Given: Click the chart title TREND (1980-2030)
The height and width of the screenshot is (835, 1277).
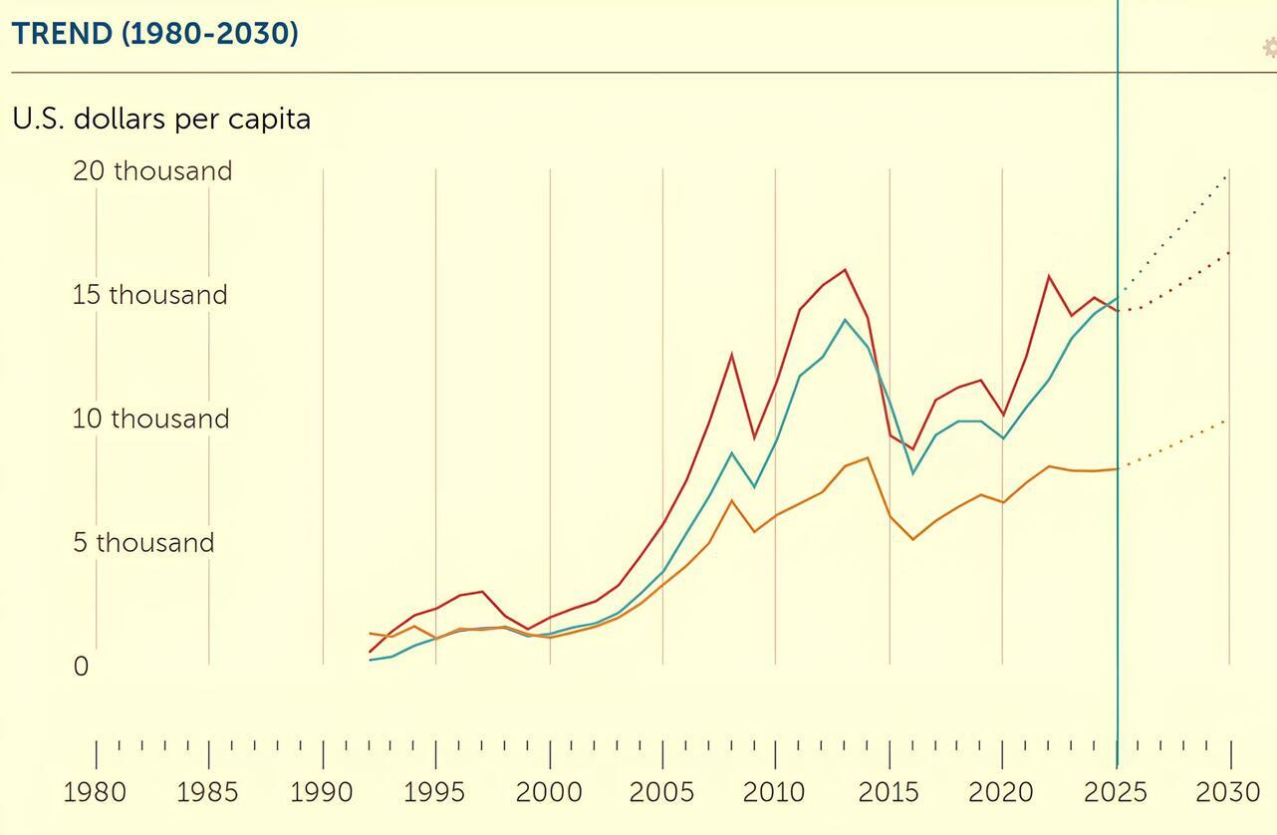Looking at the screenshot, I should (155, 34).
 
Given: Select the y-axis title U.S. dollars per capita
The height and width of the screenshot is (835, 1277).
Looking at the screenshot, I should (161, 119).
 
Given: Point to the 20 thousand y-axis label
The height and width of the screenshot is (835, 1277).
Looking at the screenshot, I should (152, 170).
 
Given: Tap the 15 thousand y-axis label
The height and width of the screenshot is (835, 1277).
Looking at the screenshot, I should (149, 295).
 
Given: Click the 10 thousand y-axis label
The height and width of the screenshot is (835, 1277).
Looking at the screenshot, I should (150, 418).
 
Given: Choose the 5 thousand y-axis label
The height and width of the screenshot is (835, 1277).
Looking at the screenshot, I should (143, 543).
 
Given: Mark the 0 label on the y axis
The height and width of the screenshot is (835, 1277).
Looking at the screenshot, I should (81, 667).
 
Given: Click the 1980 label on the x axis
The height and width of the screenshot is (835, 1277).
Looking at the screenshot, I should (95, 793).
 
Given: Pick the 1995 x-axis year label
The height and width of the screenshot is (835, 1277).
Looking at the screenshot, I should (434, 793).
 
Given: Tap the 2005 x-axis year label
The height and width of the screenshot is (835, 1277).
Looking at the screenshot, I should (661, 793).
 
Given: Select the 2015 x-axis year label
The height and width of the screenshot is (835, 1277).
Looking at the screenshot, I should (889, 793).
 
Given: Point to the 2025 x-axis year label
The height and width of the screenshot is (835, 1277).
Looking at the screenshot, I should (1116, 793).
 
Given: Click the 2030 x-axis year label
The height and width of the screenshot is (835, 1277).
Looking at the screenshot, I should (1228, 793).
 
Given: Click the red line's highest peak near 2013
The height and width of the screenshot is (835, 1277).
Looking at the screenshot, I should (846, 269).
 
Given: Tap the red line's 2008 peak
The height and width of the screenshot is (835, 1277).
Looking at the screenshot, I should (732, 354).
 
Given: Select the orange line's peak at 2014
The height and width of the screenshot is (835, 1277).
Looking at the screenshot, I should (869, 457).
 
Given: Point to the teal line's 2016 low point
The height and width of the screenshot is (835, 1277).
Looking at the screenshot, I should (913, 473).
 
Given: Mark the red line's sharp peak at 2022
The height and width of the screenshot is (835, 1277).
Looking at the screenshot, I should (1049, 275).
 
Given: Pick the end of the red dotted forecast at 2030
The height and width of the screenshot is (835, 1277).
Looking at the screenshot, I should (1229, 252).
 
